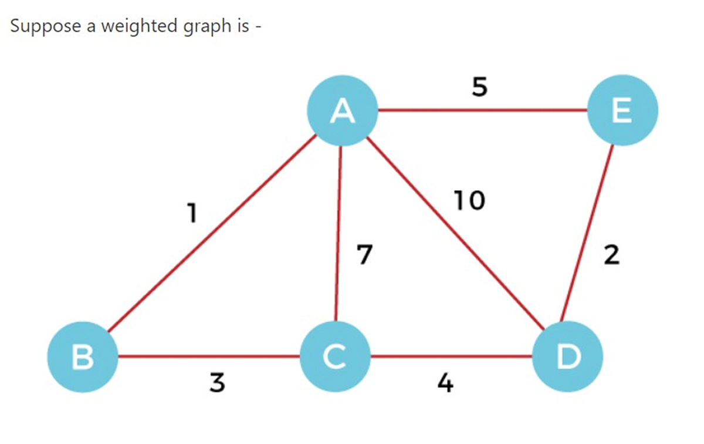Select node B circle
click(x=83, y=356)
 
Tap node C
click(x=334, y=356)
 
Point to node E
click(x=622, y=110)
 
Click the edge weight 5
click(x=480, y=88)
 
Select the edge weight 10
click(x=469, y=201)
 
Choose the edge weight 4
click(x=445, y=384)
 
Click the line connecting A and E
click(x=481, y=110)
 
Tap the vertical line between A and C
click(x=339, y=235)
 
